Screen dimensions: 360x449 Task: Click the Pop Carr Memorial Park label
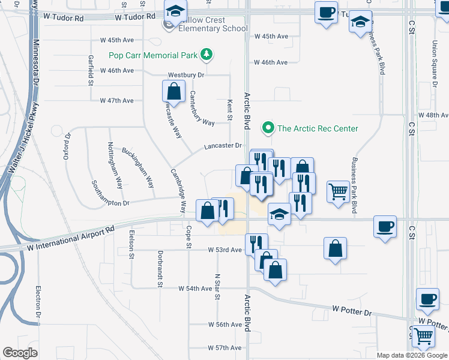pyautogui.click(x=153, y=55)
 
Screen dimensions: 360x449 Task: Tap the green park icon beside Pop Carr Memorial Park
pyautogui.click(x=207, y=55)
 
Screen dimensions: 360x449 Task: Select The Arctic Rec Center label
pyautogui.click(x=318, y=128)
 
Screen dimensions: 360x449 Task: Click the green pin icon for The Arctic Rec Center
pyautogui.click(x=267, y=128)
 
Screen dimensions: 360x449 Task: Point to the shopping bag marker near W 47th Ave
pyautogui.click(x=173, y=92)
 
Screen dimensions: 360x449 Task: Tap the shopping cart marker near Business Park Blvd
pyautogui.click(x=339, y=193)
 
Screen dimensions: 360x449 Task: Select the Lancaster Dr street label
pyautogui.click(x=222, y=146)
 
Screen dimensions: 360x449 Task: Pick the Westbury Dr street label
pyautogui.click(x=187, y=75)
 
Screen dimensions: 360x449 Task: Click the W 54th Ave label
pyautogui.click(x=195, y=289)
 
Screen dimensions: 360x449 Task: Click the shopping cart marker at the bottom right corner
pyautogui.click(x=424, y=339)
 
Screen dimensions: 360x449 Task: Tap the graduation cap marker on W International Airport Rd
pyautogui.click(x=279, y=215)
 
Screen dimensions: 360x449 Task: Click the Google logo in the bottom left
pyautogui.click(x=20, y=353)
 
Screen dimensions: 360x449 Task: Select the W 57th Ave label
pyautogui.click(x=224, y=348)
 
